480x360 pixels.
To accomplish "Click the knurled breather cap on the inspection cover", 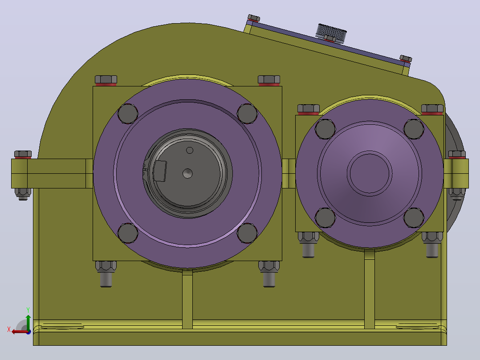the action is tap(331, 33).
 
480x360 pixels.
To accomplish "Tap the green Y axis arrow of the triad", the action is tap(28, 321).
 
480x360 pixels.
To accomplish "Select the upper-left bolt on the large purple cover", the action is tap(128, 114).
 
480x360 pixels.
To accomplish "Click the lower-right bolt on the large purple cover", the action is tap(247, 233).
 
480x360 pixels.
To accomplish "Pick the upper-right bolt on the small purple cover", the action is tap(414, 129).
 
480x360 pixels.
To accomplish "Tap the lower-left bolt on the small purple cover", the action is tap(325, 218).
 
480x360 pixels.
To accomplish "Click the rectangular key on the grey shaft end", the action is tap(160, 171).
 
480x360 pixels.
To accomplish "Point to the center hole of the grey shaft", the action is tap(187, 173).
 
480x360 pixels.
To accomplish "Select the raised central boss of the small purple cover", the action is tap(370, 173).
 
